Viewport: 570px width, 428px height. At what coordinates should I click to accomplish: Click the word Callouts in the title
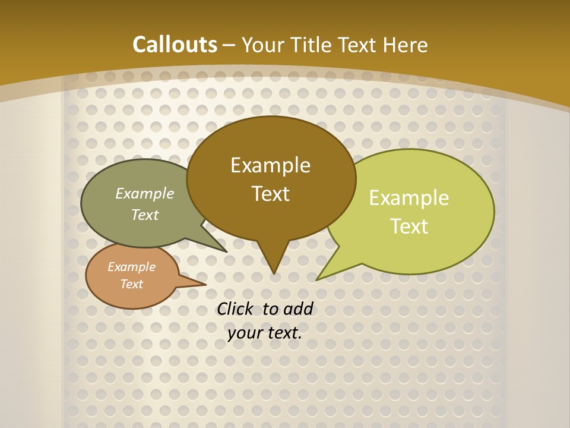click(x=175, y=45)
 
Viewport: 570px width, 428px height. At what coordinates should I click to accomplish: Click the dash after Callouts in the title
click(x=229, y=45)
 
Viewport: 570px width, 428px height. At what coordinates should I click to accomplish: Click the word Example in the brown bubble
click(x=270, y=165)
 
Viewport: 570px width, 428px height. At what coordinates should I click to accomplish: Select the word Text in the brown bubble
click(x=270, y=194)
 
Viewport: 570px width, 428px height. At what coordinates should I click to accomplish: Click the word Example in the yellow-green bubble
click(x=409, y=198)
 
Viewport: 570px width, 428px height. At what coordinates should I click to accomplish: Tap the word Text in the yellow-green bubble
click(x=409, y=226)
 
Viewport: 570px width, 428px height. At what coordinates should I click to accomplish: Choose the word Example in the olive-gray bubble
click(x=145, y=194)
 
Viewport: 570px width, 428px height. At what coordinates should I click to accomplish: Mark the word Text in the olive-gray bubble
click(x=145, y=215)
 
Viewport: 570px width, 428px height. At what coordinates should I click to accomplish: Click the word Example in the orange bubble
click(x=131, y=267)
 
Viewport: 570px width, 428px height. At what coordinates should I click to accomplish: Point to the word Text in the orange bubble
click(x=131, y=284)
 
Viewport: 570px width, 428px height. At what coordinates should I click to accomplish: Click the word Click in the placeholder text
click(x=236, y=309)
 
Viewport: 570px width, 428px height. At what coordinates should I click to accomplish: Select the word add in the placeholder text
click(x=298, y=309)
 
